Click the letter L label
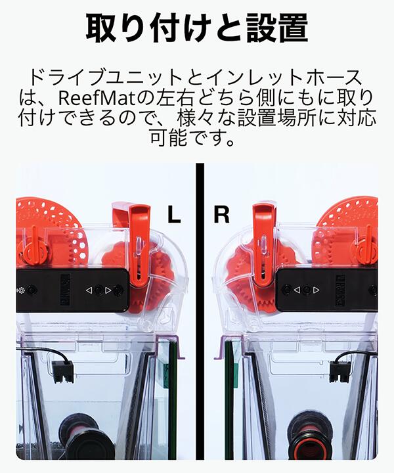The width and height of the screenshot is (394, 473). click(x=173, y=215)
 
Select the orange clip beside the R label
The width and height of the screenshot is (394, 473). click(x=263, y=243)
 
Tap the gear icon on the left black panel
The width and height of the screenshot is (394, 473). click(x=22, y=290)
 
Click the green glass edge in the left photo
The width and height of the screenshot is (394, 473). click(x=173, y=394)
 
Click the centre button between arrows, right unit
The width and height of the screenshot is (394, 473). click(x=305, y=289)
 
